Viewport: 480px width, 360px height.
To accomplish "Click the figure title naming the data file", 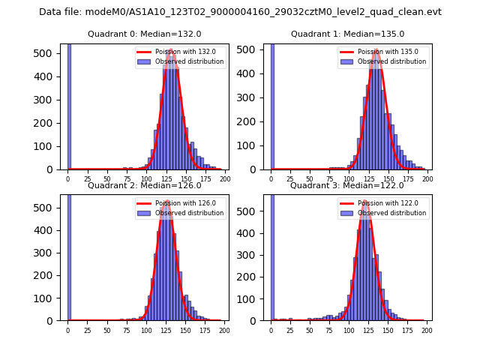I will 240,12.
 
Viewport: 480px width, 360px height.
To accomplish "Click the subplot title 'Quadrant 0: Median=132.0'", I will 145,34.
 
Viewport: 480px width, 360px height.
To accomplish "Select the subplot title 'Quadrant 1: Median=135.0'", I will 347,34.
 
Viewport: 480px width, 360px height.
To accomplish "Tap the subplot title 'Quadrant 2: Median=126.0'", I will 145,185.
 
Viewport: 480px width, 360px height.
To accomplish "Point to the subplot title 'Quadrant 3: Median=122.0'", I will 347,185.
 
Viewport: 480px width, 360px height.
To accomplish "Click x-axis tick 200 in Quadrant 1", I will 427,179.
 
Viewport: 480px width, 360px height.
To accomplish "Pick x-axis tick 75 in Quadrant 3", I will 329,330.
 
